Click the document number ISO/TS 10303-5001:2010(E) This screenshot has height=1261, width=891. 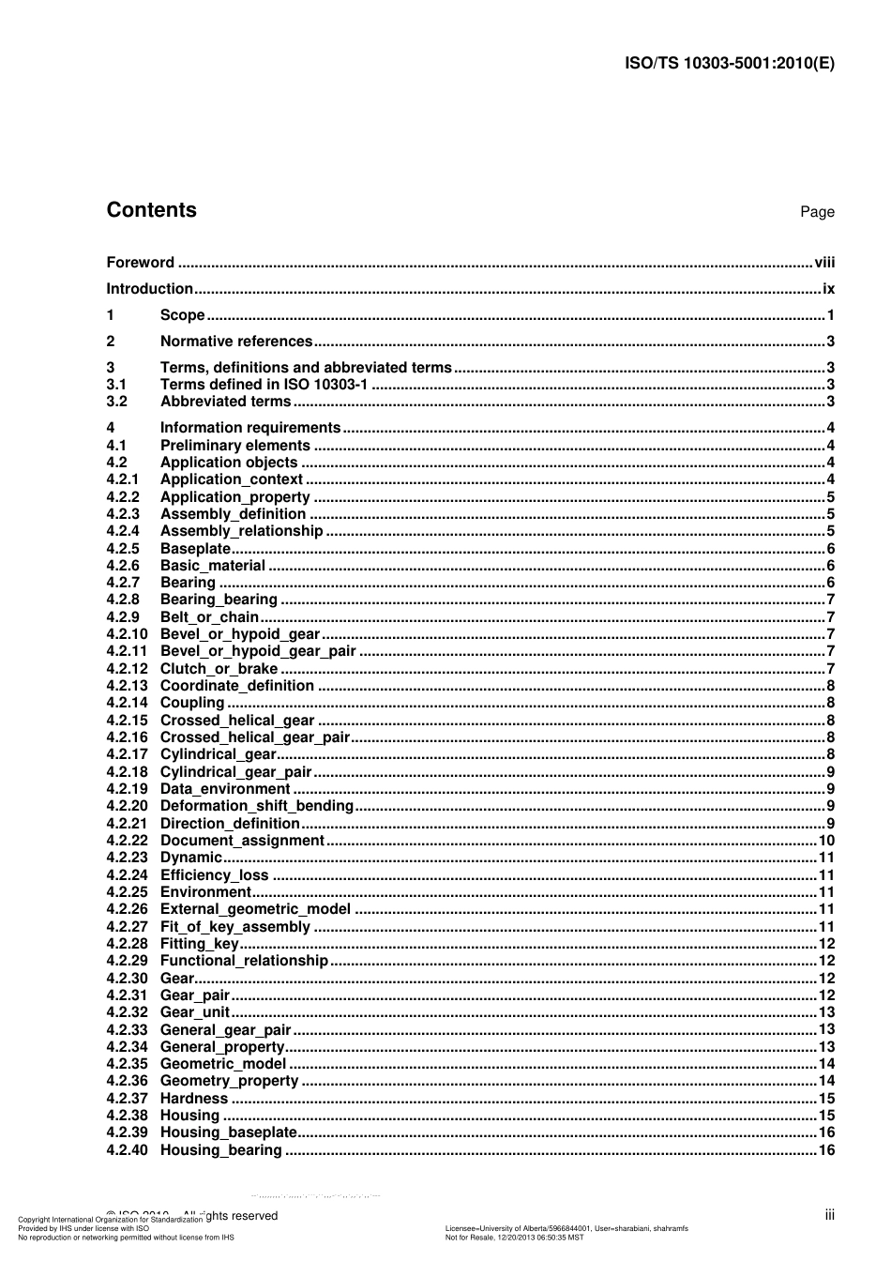(x=729, y=64)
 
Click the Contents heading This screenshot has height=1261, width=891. (x=151, y=210)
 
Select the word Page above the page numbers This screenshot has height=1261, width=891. (x=817, y=212)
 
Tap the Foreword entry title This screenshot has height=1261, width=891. (x=140, y=263)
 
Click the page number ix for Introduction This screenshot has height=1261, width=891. (x=828, y=289)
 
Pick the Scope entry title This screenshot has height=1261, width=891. (x=182, y=315)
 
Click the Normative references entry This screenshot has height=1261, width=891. (x=235, y=342)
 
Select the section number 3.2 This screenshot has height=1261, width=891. (x=116, y=402)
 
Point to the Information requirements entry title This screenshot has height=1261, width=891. (x=250, y=428)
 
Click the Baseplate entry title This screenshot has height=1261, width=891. (x=195, y=549)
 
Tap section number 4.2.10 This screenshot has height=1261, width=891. (x=127, y=634)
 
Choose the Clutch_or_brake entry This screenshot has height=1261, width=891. (x=219, y=669)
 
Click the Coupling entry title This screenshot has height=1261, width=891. (x=192, y=703)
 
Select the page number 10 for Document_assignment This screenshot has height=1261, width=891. (x=826, y=841)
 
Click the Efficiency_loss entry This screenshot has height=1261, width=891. (x=214, y=875)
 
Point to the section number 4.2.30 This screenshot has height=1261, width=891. (x=127, y=979)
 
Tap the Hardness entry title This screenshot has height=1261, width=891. (x=194, y=1099)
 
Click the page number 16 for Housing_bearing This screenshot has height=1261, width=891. (x=826, y=1150)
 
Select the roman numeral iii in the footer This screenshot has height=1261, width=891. (x=829, y=1215)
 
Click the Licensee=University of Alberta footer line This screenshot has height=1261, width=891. (x=566, y=1228)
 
